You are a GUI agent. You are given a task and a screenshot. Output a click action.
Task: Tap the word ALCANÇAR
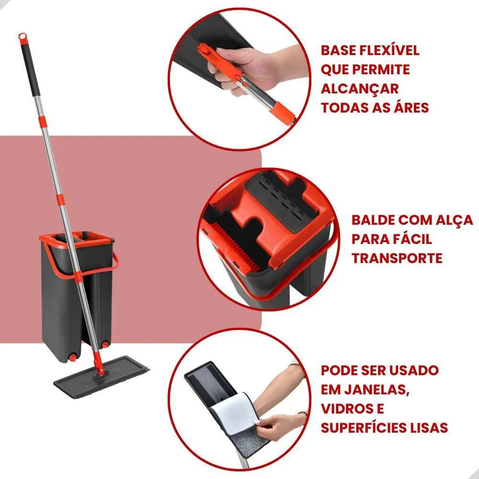360,89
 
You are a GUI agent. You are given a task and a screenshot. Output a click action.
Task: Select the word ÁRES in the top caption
411,107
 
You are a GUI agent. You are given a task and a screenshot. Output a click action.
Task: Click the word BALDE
373,220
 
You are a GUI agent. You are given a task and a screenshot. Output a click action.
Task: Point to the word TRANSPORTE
397,258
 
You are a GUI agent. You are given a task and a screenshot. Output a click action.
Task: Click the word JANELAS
377,390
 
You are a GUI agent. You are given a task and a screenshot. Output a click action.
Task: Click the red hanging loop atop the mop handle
23,37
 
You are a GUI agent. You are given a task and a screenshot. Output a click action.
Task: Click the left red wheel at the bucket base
73,358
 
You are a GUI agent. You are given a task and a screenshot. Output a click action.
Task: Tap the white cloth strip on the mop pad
232,411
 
